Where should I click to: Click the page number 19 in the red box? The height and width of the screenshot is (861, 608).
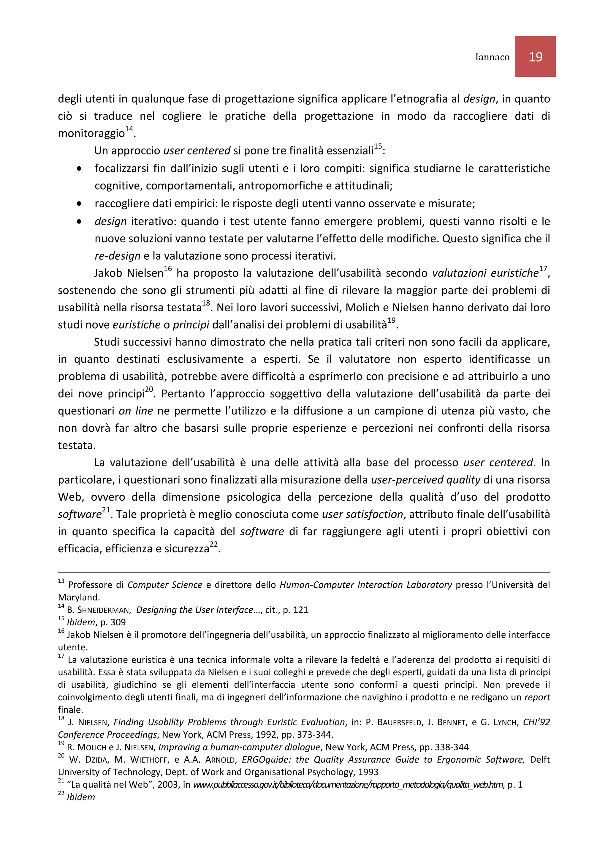pos(535,57)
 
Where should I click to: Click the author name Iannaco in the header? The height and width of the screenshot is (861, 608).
pos(492,57)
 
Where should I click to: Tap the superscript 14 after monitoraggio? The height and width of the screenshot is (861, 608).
pos(129,129)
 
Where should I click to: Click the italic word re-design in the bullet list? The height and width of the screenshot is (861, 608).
pos(117,256)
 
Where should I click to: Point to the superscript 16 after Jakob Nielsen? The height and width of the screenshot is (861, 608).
pos(167,269)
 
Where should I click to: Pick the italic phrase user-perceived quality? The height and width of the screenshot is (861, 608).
pos(425,480)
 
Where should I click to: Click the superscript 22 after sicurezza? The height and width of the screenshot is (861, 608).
pos(213,545)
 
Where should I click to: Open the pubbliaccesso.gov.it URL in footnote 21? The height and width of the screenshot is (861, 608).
pos(348,785)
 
